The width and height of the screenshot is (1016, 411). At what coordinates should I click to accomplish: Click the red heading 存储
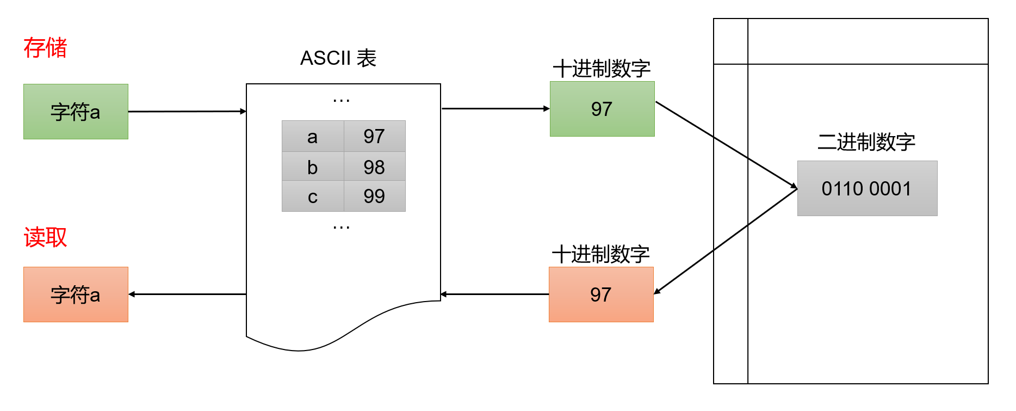(45, 48)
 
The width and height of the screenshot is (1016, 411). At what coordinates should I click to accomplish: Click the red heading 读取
(45, 237)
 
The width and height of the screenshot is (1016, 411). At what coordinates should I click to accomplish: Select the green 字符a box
(76, 112)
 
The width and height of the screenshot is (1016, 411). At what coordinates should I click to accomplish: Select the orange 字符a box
(76, 295)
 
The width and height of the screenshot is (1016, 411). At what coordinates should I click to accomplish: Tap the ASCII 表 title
(338, 58)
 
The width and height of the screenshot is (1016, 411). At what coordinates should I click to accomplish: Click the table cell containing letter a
(312, 136)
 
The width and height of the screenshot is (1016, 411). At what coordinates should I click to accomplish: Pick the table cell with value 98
(374, 167)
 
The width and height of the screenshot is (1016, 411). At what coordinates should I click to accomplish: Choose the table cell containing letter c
(312, 196)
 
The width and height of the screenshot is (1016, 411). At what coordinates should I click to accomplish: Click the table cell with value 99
(374, 196)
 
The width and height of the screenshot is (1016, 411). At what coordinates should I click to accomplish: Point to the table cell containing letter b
(312, 167)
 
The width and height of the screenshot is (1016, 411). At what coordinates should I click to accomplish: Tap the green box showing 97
(602, 109)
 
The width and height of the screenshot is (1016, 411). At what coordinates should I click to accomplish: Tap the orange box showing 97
(600, 295)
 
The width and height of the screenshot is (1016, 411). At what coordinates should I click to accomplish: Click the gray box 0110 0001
(866, 188)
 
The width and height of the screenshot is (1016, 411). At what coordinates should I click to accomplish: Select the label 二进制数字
(866, 142)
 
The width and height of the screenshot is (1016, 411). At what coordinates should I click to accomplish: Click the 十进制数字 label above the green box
(602, 69)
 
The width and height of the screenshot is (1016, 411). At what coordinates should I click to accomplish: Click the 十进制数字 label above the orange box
(600, 254)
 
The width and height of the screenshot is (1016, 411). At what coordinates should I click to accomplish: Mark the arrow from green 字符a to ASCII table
(187, 112)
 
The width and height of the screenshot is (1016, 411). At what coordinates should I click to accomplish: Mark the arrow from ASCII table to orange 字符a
(187, 295)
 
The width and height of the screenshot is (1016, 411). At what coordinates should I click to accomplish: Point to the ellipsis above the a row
(341, 100)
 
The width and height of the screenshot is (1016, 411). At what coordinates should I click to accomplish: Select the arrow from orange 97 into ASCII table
(495, 295)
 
